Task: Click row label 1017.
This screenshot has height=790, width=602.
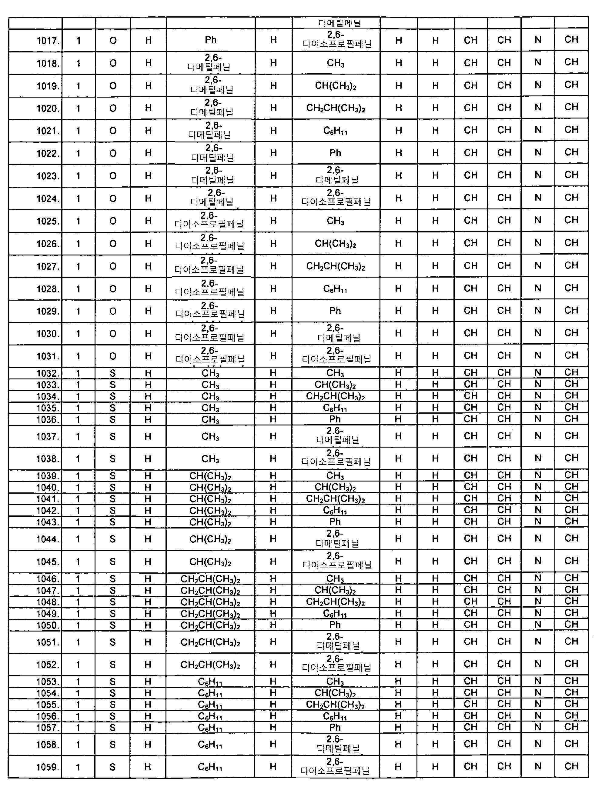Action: (48, 41)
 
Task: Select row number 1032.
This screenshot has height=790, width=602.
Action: (48, 373)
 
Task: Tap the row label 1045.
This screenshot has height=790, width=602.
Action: (48, 562)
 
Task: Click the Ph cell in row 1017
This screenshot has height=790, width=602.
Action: (211, 40)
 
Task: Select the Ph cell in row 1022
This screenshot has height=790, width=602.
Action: (335, 153)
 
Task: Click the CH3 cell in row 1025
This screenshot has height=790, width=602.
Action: (335, 221)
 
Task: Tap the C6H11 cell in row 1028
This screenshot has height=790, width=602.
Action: (335, 289)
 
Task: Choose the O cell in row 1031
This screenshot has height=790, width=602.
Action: (113, 356)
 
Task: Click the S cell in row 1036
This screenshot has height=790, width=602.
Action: (113, 419)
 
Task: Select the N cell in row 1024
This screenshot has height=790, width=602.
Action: (538, 198)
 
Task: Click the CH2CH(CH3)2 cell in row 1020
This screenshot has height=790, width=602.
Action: (335, 108)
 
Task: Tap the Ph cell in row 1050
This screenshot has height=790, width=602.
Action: (335, 625)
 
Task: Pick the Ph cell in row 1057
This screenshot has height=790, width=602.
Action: (335, 727)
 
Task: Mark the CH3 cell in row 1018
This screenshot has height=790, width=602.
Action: (335, 63)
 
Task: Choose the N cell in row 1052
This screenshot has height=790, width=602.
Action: (538, 664)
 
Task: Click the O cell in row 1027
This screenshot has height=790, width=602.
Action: (113, 266)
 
